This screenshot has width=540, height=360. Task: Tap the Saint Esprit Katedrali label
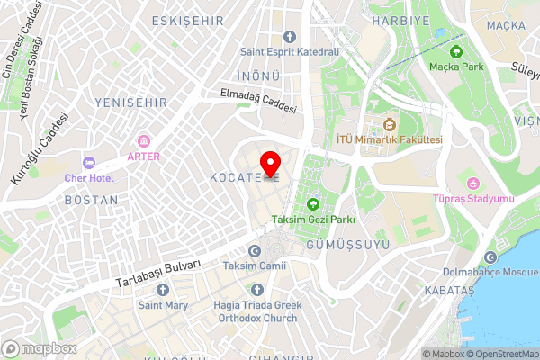coord(289,52)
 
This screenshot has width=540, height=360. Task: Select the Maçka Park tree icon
coord(456,50)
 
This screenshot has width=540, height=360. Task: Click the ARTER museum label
coord(143,156)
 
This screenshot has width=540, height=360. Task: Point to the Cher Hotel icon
coord(88,163)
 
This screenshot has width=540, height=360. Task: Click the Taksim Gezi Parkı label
coord(313,219)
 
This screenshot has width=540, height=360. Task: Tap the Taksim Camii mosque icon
coord(254,251)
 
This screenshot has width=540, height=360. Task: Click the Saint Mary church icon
coord(163,290)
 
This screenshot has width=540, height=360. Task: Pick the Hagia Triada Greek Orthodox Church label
coord(255,310)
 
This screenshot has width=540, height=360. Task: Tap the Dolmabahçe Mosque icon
coord(490,256)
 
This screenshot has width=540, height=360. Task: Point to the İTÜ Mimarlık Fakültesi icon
coord(389,124)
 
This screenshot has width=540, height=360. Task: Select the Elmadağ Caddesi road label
coord(258,101)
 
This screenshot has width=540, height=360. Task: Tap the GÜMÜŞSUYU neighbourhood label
coord(342,245)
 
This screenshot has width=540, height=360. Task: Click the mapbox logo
coord(40,348)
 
